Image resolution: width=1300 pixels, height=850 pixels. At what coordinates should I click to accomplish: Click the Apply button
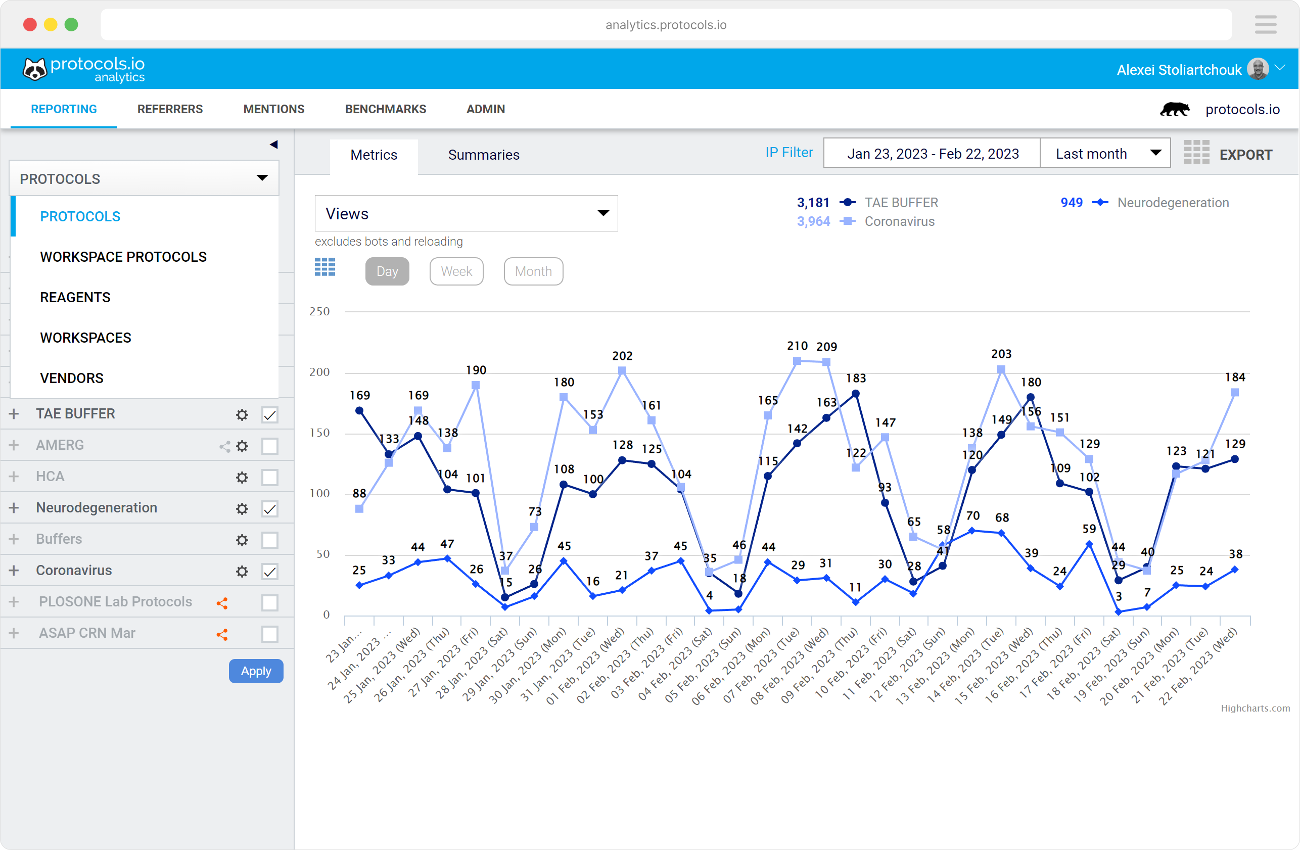pos(256,671)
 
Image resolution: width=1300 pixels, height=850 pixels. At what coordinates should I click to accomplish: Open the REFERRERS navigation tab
pos(170,109)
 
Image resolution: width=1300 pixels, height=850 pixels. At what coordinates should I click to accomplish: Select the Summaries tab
pos(483,155)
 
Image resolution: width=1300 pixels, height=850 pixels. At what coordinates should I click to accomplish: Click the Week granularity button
pos(456,271)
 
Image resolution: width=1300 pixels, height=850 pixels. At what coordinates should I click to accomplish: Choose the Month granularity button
pos(533,271)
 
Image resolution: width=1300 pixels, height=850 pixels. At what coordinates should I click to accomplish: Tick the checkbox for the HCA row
pos(270,478)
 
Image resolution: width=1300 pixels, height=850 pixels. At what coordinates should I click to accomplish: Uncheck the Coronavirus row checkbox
pos(270,572)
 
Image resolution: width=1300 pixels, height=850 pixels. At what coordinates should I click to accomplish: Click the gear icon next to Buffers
pos(242,540)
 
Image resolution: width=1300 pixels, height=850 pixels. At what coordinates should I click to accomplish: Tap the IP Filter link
pos(788,153)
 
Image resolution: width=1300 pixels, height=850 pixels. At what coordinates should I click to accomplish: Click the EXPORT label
pos(1245,155)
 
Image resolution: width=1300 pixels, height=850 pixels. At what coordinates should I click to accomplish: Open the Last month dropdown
pos(1105,154)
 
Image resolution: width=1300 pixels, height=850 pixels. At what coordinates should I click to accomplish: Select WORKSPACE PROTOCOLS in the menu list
pos(123,257)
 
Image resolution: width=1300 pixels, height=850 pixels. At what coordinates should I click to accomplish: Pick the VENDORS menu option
pos(72,378)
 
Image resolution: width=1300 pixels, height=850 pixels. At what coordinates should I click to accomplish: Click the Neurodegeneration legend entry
pos(1173,203)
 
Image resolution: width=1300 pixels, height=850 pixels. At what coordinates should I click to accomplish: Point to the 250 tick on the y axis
pos(319,311)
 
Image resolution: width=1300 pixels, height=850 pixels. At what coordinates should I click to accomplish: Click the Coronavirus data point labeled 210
pos(797,361)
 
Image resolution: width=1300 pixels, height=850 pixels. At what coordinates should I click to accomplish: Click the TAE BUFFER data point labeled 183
pos(856,394)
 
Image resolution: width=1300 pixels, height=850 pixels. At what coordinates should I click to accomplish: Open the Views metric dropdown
pos(466,214)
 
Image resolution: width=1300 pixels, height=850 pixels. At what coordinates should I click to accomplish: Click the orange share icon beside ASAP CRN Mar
pos(222,634)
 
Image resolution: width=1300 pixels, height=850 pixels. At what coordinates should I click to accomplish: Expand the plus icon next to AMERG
pos(14,445)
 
